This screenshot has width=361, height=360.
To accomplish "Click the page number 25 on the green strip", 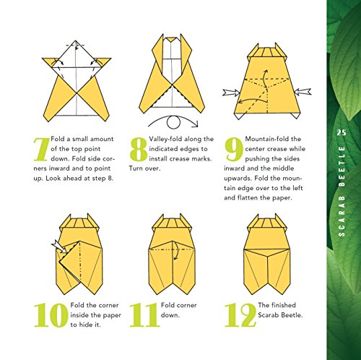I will click(342, 131).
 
